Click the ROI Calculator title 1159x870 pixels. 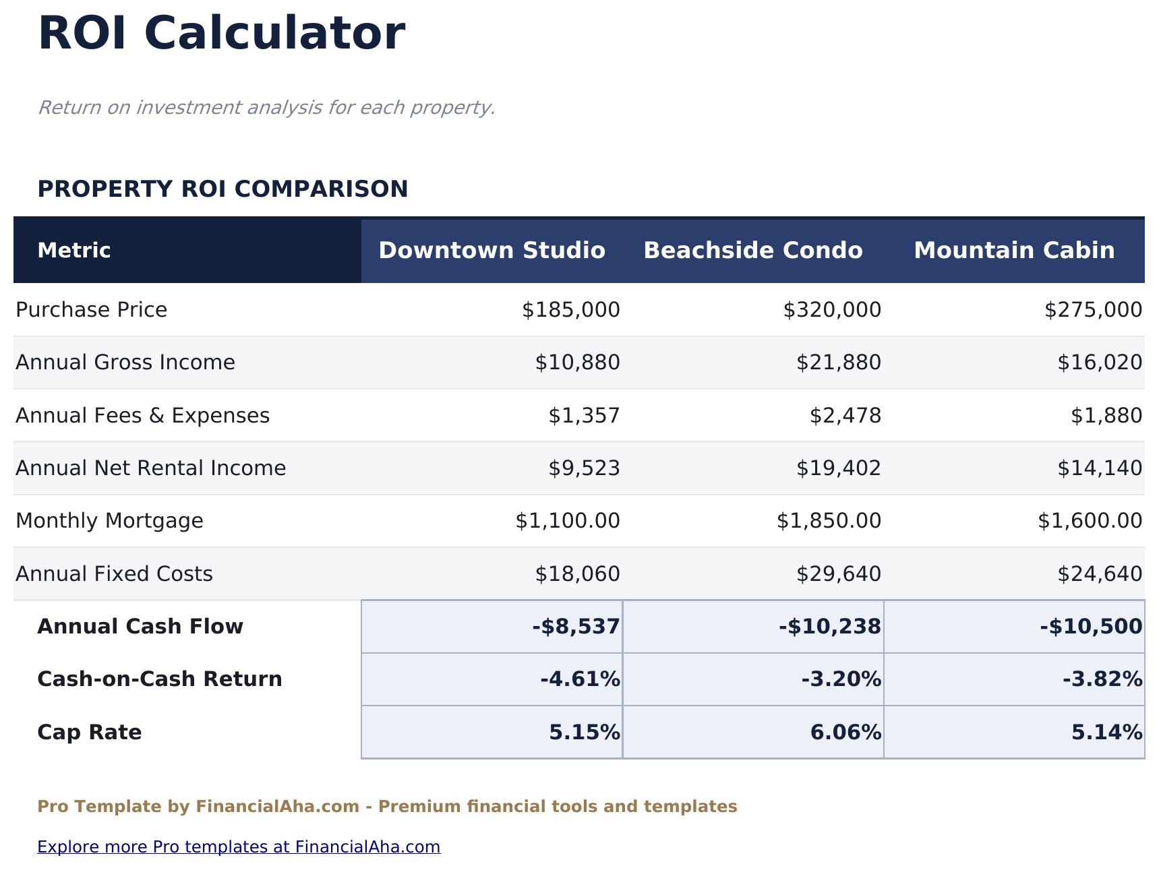221,34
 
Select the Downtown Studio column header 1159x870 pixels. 492,251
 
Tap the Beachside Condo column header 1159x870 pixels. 752,251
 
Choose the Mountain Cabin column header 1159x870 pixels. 1014,251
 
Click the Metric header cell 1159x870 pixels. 74,251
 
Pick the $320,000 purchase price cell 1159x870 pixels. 831,310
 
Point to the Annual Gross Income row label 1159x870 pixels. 125,363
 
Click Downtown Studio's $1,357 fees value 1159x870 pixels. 583,416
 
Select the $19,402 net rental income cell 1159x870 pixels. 838,468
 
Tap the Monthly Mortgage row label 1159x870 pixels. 109,521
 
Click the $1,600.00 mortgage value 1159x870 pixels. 1090,521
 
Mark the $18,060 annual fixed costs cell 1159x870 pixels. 577,574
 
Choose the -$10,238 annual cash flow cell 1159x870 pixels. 829,627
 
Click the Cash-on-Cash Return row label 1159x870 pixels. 160,679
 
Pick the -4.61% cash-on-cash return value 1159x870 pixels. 580,679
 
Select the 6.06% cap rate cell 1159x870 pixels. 845,733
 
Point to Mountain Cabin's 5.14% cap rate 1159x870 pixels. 1106,733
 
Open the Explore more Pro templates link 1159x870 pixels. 239,847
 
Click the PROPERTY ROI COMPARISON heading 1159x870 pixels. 222,189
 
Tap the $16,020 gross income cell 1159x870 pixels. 1099,363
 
